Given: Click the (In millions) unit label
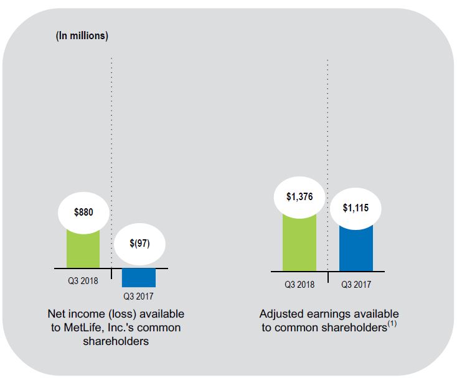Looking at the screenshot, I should (82, 35).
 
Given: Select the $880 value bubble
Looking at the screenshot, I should (83, 213).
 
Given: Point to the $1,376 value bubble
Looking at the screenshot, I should (300, 197).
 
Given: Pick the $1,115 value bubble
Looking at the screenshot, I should (356, 208).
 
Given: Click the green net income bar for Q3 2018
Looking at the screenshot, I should (83, 249).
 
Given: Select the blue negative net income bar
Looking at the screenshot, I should (139, 277).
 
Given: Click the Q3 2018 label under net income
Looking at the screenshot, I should (83, 281).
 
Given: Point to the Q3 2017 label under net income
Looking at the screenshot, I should (138, 296).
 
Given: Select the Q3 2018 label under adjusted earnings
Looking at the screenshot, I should (299, 285).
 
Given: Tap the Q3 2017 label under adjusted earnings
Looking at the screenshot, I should (356, 285).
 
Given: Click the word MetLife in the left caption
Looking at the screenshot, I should (87, 328).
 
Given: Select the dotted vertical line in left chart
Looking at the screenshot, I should (111, 155).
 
